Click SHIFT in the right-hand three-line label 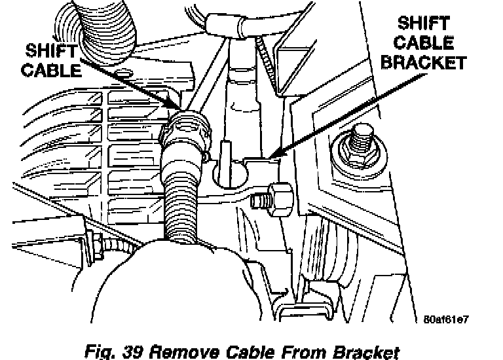tap(424, 25)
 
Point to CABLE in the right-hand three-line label tap(424, 44)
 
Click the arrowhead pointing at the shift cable tap(177, 108)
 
